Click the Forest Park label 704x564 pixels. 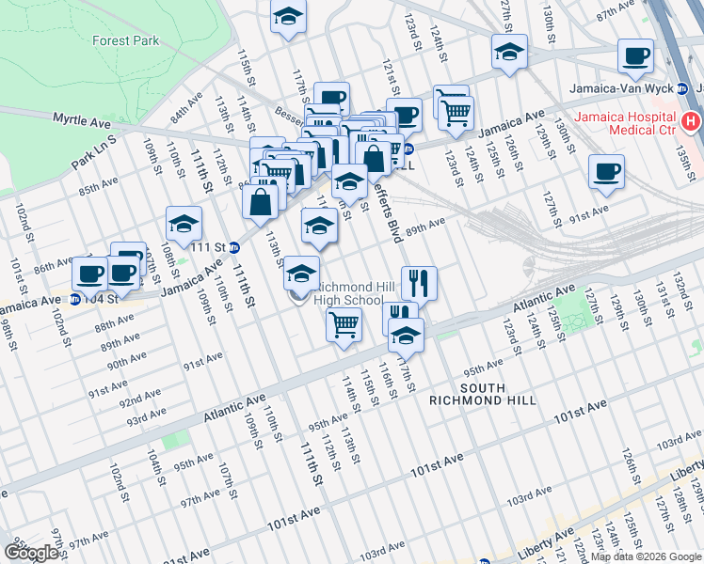coord(125,40)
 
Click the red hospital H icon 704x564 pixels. coord(692,120)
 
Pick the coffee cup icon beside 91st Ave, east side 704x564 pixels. coord(606,172)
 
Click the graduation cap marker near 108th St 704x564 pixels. coord(184,224)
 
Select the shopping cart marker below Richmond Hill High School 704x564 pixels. coord(344,324)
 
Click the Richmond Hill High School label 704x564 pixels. coord(348,292)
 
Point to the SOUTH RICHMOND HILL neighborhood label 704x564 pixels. coord(482,394)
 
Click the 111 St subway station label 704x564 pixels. coord(209,247)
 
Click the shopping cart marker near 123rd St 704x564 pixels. coord(456,113)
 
